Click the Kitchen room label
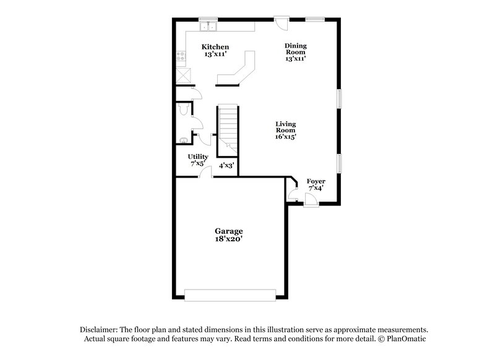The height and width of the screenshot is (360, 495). [216, 47]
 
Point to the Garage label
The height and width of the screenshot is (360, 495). [229, 231]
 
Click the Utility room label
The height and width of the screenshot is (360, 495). [198, 157]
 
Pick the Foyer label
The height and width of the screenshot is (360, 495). [316, 182]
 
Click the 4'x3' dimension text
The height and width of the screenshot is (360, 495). [226, 166]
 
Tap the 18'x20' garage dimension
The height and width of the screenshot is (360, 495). [229, 239]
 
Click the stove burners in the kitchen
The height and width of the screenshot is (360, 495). [181, 58]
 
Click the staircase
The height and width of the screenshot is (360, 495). [228, 127]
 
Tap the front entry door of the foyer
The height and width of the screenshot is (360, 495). [311, 200]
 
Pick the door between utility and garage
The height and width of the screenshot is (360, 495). [204, 174]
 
